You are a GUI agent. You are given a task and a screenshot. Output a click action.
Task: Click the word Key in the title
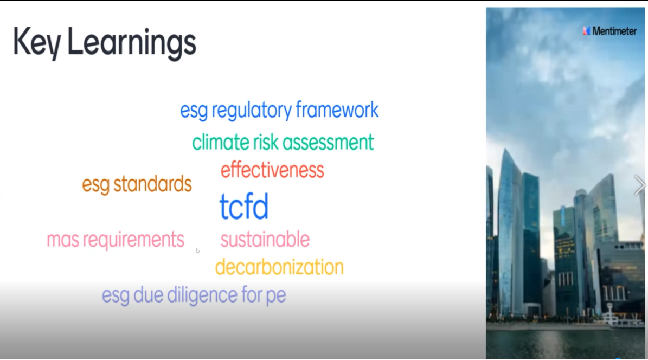37,43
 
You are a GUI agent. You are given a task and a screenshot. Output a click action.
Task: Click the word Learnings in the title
131,43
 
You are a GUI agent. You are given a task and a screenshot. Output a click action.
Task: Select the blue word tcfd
244,206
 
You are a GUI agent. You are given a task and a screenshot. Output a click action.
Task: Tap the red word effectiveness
272,170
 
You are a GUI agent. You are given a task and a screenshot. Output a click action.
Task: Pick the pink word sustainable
265,239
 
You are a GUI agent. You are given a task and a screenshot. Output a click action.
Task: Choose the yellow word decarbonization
279,267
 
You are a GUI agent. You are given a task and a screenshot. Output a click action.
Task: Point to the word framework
337,110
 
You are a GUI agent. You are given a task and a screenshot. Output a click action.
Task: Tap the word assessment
328,143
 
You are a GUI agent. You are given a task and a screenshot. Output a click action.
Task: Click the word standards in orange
152,184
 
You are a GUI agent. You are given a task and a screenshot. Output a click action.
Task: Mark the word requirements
133,240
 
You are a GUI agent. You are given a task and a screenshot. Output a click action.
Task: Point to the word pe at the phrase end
275,297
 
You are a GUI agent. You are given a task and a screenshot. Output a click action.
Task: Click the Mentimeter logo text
614,31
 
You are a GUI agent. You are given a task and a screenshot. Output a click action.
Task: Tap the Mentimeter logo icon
586,31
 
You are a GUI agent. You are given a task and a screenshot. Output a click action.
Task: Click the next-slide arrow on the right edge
639,185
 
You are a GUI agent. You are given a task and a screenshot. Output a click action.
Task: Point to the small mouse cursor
198,250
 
